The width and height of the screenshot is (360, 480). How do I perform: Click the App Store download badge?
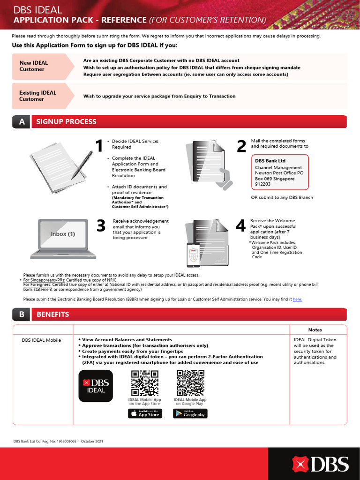(145, 413)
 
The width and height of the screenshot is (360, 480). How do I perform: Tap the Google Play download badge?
(190, 413)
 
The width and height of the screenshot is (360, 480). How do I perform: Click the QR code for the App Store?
(144, 383)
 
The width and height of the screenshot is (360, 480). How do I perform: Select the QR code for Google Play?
(190, 383)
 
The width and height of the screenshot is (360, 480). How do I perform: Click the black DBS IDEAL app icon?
(96, 385)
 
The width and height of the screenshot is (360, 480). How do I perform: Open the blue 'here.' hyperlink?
(297, 299)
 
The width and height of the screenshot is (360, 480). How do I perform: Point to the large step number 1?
(98, 146)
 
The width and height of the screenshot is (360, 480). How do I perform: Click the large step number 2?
(241, 146)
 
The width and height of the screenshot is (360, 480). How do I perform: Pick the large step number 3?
(101, 226)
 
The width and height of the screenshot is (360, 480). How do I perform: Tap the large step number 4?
(240, 226)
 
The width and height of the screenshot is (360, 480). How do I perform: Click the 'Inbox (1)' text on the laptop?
(63, 234)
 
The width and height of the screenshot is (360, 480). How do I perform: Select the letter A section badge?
(22, 122)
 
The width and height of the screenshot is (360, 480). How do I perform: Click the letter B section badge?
(22, 315)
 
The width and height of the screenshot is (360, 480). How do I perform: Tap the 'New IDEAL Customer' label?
(33, 66)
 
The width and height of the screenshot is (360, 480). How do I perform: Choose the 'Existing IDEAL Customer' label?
(37, 96)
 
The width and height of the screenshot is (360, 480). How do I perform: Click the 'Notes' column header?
(315, 330)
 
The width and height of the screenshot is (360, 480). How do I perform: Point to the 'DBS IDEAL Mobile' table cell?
(41, 340)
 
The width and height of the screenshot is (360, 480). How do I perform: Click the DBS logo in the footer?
(321, 464)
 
